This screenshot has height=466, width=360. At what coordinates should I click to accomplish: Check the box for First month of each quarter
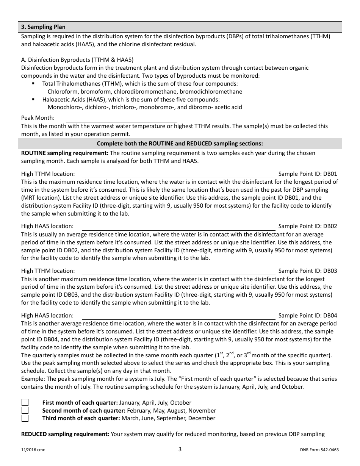[x=25, y=403]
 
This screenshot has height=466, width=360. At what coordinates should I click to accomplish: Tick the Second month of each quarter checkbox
[x=25, y=410]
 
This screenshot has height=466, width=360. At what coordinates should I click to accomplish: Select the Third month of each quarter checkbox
[x=25, y=418]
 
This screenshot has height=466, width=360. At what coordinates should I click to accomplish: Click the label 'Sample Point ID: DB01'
[x=307, y=174]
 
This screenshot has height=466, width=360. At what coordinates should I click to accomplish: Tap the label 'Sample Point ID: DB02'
[x=307, y=226]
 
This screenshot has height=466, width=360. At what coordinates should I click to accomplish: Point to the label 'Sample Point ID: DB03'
[x=307, y=271]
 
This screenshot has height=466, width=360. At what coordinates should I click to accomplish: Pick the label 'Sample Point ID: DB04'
[x=307, y=316]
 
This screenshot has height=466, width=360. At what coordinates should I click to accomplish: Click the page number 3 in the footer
[x=180, y=449]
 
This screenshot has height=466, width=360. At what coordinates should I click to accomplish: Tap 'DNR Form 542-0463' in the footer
[x=319, y=450]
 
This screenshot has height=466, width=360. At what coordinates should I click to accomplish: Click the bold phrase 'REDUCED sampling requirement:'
[x=65, y=434]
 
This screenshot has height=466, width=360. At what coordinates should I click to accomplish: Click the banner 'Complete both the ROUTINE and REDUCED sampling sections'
[x=180, y=144]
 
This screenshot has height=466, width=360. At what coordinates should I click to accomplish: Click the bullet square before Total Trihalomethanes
[x=34, y=83]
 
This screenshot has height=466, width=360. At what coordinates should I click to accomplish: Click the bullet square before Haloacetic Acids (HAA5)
[x=34, y=99]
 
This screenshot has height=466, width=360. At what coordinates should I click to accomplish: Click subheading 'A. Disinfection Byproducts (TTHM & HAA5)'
[x=77, y=60]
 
